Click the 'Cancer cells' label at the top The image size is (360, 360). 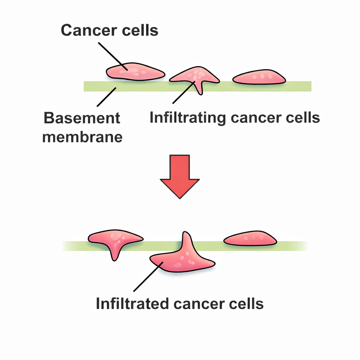pos(110,31)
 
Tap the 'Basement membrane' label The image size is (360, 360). pos(82,127)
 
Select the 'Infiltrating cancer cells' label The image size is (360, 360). pos(234,118)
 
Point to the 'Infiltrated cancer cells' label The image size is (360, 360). pos(180,303)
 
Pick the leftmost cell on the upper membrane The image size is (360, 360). pos(135,72)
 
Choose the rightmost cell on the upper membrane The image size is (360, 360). pos(259,77)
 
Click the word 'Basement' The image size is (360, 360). pos(82,118)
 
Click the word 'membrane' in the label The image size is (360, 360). pos(82,136)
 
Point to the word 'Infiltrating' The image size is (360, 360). pos(187,118)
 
